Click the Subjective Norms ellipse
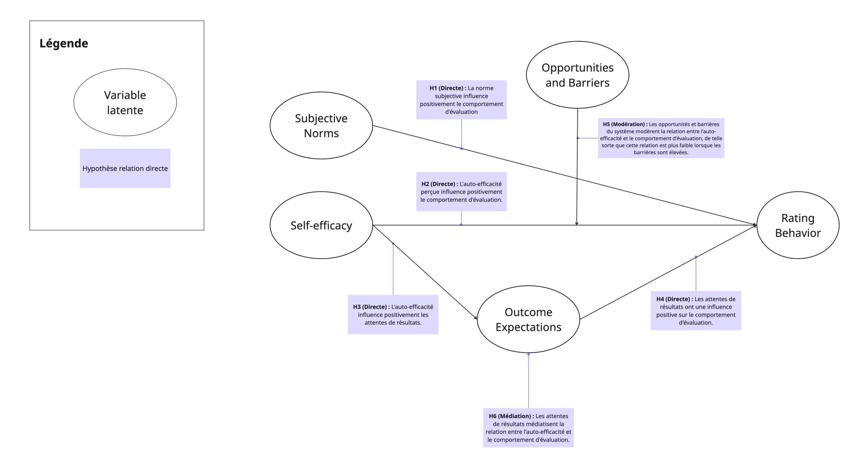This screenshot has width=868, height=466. tap(321, 125)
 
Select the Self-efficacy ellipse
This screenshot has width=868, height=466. tap(321, 225)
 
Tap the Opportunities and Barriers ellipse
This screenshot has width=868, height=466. tap(577, 75)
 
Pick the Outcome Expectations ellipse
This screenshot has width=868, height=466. tap(528, 319)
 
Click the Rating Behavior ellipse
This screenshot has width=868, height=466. tap(798, 225)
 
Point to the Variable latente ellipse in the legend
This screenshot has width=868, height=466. tap(125, 102)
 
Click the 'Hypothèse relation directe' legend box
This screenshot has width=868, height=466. tap(125, 168)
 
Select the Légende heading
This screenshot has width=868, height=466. tap(64, 43)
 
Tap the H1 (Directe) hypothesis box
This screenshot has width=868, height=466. tap(461, 100)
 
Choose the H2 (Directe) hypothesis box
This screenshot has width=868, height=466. tap(461, 191)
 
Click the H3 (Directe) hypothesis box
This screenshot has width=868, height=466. tap(393, 315)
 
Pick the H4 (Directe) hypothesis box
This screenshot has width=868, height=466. tap(696, 310)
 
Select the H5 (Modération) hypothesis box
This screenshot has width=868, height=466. tap(661, 138)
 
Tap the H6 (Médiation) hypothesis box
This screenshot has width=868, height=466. tap(528, 428)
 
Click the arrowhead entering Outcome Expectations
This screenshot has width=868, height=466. tap(476, 318)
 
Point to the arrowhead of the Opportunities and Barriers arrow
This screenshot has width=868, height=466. tap(577, 224)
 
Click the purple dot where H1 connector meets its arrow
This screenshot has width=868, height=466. tap(461, 148)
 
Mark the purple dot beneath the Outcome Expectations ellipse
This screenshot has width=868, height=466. tap(528, 354)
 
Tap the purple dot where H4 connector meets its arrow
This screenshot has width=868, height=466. tap(696, 257)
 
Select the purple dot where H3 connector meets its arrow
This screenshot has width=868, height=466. tap(393, 243)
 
